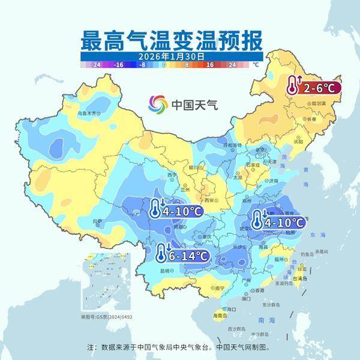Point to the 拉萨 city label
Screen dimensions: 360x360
point(97,221)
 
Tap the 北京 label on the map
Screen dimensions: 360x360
point(260,149)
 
